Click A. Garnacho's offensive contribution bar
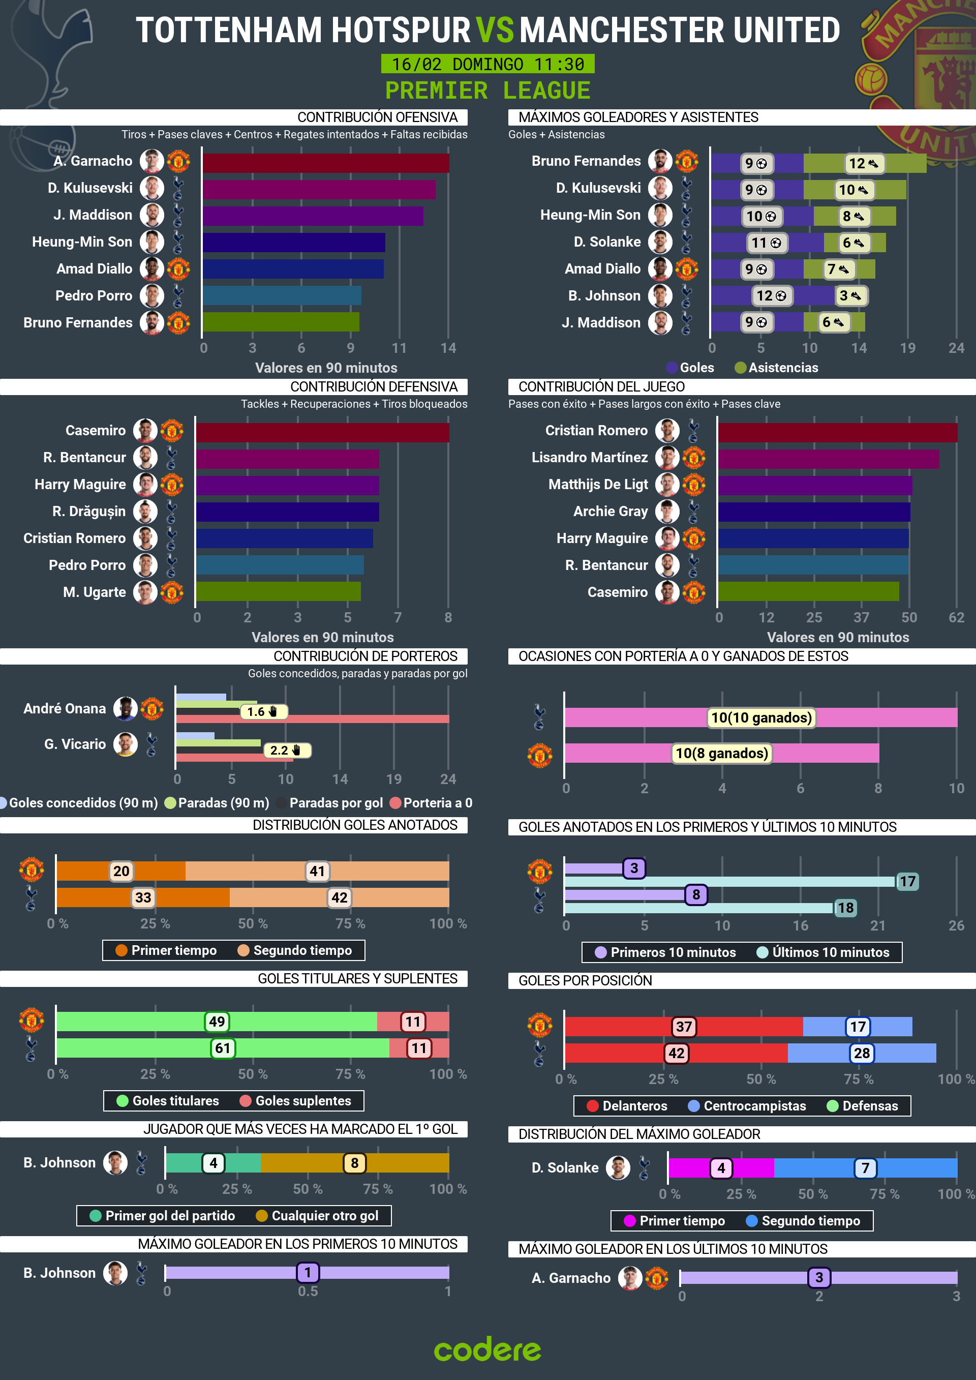click(x=325, y=163)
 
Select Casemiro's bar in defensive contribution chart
click(x=322, y=432)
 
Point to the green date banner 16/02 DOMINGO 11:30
click(x=487, y=64)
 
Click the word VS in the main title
click(x=494, y=30)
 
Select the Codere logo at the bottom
click(x=487, y=1349)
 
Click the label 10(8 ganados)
click(x=721, y=753)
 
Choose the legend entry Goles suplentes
click(x=302, y=1100)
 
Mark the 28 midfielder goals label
click(x=861, y=1053)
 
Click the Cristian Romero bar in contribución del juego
click(x=837, y=432)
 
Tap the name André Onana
click(x=65, y=709)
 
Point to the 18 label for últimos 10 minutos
click(x=845, y=908)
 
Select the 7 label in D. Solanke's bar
click(x=865, y=1168)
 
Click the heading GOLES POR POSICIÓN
click(x=585, y=980)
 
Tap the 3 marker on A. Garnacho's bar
click(x=818, y=1277)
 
